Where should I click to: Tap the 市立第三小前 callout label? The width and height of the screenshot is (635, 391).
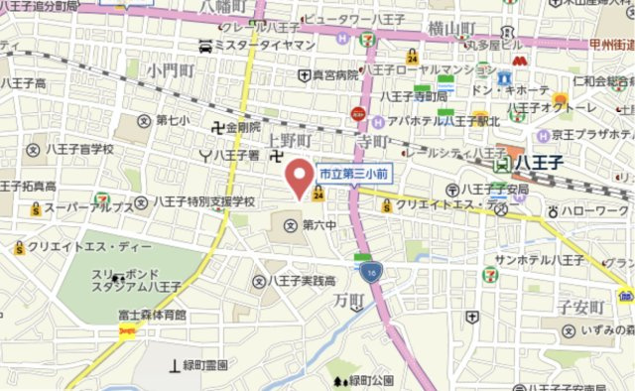352,173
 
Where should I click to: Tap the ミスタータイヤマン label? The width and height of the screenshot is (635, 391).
256,46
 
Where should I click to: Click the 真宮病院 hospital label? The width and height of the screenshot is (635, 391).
327,74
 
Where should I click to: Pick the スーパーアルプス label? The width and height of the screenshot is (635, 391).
89,207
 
